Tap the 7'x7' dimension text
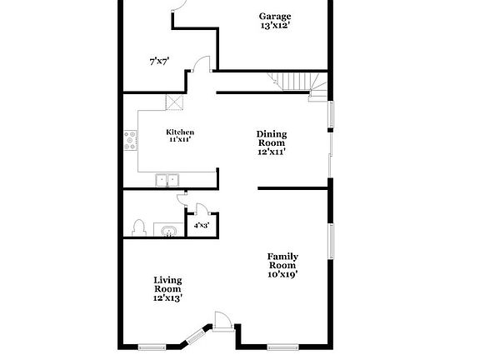(159, 62)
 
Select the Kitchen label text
(180, 132)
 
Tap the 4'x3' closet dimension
(202, 226)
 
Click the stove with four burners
(130, 140)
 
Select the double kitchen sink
(167, 180)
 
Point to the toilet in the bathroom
(138, 227)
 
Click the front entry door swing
(222, 321)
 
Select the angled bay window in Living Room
(196, 336)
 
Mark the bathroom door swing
(182, 200)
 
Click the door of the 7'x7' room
(201, 63)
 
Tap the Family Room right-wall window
(331, 241)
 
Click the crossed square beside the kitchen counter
(174, 102)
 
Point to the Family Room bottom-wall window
(282, 347)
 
